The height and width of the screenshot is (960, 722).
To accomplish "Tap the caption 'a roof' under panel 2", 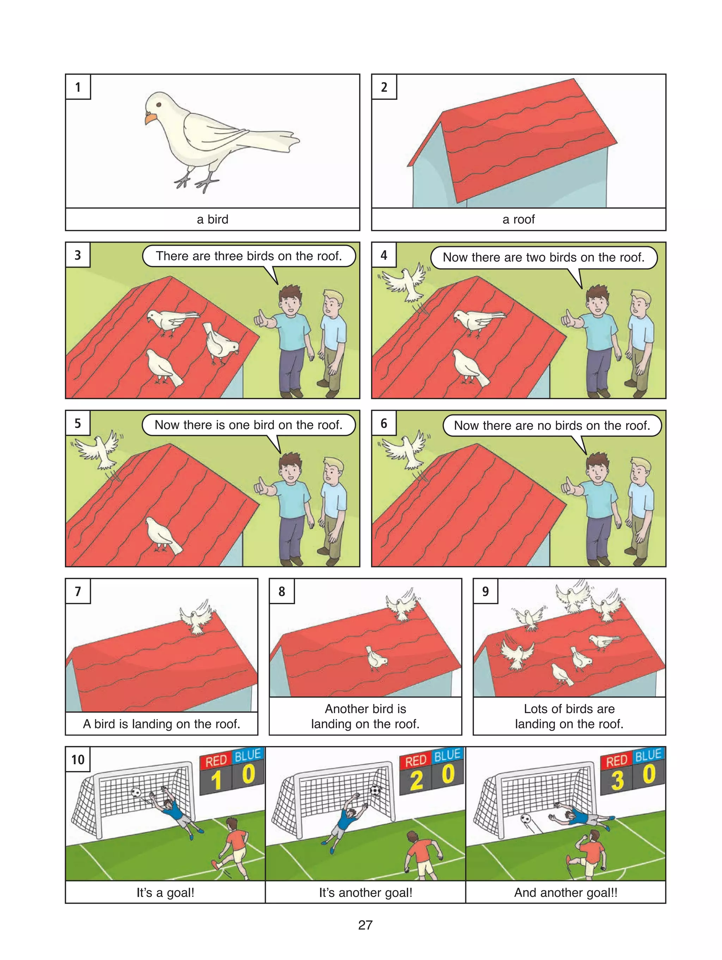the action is click(519, 220).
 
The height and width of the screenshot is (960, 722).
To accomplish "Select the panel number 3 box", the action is click(78, 255).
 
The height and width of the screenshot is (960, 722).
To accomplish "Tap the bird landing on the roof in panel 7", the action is click(198, 617).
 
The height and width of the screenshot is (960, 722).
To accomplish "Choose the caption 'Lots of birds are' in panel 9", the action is click(569, 709).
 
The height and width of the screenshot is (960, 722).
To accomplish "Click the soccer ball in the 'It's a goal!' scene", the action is click(136, 793).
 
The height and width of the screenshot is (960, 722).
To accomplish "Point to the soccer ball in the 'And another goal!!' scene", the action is click(525, 819).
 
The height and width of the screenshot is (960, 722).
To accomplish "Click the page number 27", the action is click(365, 925).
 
